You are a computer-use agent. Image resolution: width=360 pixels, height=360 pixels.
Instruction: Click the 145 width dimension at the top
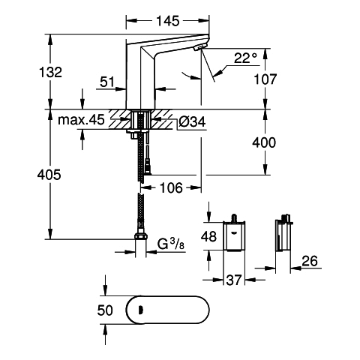[x=168, y=21]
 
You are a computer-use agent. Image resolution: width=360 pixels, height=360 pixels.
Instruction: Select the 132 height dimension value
[x=50, y=72]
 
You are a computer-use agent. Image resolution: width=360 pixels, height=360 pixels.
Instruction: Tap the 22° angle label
[x=245, y=58]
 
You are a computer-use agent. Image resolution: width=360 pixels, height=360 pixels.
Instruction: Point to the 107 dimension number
[x=265, y=79]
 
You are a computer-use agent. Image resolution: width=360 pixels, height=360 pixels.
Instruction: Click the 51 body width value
[x=107, y=82]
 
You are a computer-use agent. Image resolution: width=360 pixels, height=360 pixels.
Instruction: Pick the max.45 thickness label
[x=81, y=120]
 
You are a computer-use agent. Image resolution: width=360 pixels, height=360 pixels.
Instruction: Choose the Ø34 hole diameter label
[x=192, y=122]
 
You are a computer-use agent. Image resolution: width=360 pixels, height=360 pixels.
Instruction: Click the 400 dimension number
[x=264, y=142]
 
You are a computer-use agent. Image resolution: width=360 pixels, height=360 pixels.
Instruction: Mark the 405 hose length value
[x=49, y=175]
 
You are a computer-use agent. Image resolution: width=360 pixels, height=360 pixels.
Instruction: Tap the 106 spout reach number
[x=171, y=187]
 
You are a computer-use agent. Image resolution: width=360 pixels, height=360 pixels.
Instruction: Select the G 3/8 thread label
[x=171, y=244]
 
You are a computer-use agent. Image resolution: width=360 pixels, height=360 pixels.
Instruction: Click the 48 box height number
[x=208, y=236]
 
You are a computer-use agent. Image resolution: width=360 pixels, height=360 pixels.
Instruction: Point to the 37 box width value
[x=234, y=280]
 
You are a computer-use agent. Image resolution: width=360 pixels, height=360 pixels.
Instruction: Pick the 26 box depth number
[x=310, y=261]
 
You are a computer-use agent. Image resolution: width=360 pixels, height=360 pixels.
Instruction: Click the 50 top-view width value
[x=105, y=310]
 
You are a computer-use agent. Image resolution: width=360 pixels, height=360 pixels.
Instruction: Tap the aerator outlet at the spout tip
[x=201, y=46]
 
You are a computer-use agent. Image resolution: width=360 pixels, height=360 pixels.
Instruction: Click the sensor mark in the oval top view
[x=140, y=310]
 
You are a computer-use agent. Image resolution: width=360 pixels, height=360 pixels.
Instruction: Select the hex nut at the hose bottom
[x=141, y=236]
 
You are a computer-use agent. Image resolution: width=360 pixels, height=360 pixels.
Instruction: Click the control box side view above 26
[x=283, y=234]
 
